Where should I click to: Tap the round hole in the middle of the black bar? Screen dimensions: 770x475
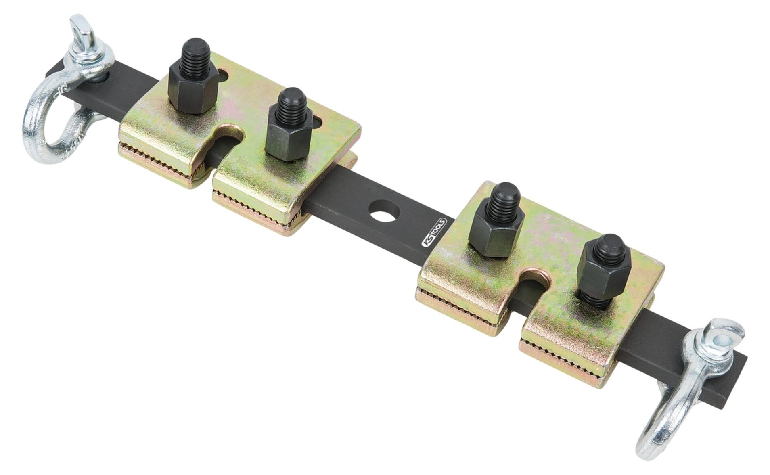click(384, 210)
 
